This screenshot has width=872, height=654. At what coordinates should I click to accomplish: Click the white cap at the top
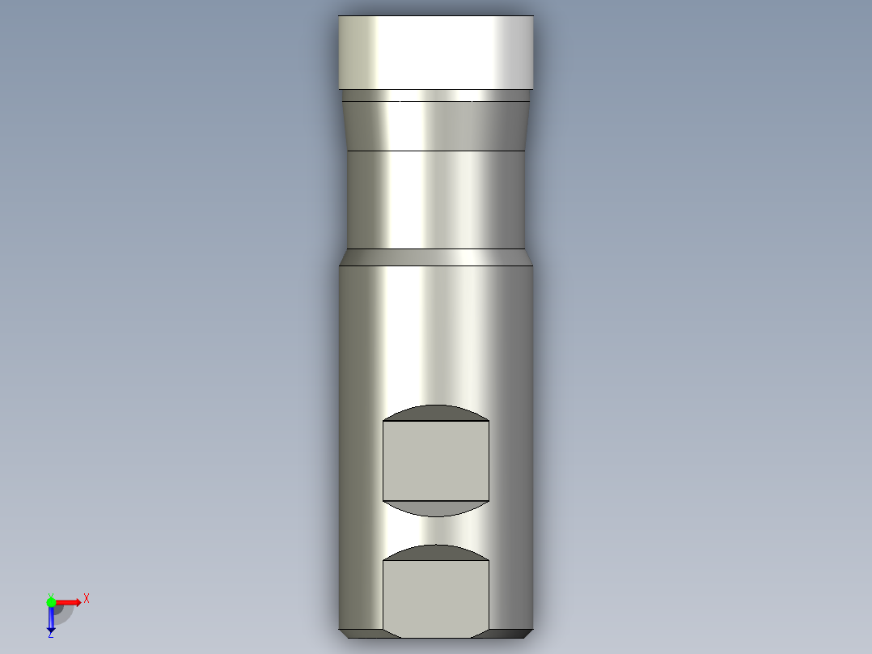(x=435, y=53)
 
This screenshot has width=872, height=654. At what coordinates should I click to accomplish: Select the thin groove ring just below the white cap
(x=435, y=96)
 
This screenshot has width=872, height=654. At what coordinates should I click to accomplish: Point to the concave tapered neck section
(x=435, y=126)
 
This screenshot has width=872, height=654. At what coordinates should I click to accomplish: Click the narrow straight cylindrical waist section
(x=435, y=199)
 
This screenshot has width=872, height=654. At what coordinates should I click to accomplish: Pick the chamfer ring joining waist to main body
(x=435, y=257)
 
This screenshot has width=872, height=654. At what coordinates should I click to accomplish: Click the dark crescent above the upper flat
(x=435, y=413)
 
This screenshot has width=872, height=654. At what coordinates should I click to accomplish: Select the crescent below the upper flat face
(x=435, y=507)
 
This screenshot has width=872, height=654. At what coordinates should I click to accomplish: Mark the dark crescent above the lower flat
(x=435, y=553)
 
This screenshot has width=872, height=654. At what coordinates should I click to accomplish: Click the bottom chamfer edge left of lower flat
(x=361, y=632)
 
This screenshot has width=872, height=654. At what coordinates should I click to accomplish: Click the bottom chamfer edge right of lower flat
(x=510, y=632)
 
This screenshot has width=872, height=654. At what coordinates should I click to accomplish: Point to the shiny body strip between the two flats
(x=435, y=530)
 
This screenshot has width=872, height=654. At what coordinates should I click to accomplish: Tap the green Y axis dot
(x=50, y=601)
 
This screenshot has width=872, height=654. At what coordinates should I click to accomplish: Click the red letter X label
(x=87, y=598)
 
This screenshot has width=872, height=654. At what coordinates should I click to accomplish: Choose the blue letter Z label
(x=50, y=635)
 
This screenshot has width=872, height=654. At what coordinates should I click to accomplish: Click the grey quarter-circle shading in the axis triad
(x=62, y=613)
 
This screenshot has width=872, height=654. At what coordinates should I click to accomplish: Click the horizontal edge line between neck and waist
(x=435, y=151)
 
